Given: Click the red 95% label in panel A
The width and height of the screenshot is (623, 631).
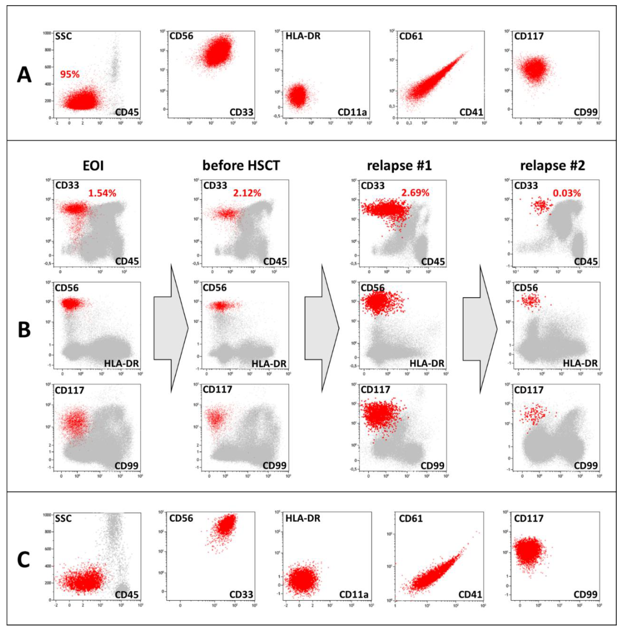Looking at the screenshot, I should [70, 74].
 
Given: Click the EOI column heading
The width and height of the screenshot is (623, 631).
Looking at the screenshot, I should [93, 166].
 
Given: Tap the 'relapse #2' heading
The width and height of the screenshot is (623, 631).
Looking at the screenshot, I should [552, 166].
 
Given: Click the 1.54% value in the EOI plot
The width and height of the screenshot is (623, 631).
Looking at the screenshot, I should [102, 193].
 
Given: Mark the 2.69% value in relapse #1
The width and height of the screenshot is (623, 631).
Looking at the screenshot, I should [415, 193].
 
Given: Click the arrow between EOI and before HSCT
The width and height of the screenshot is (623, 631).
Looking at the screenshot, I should [171, 328].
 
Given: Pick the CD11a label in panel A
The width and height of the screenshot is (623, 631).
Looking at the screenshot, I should [352, 112].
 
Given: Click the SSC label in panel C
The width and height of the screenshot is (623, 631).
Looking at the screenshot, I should [63, 518].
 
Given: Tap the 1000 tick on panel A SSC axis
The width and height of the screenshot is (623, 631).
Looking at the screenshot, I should [47, 33].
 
